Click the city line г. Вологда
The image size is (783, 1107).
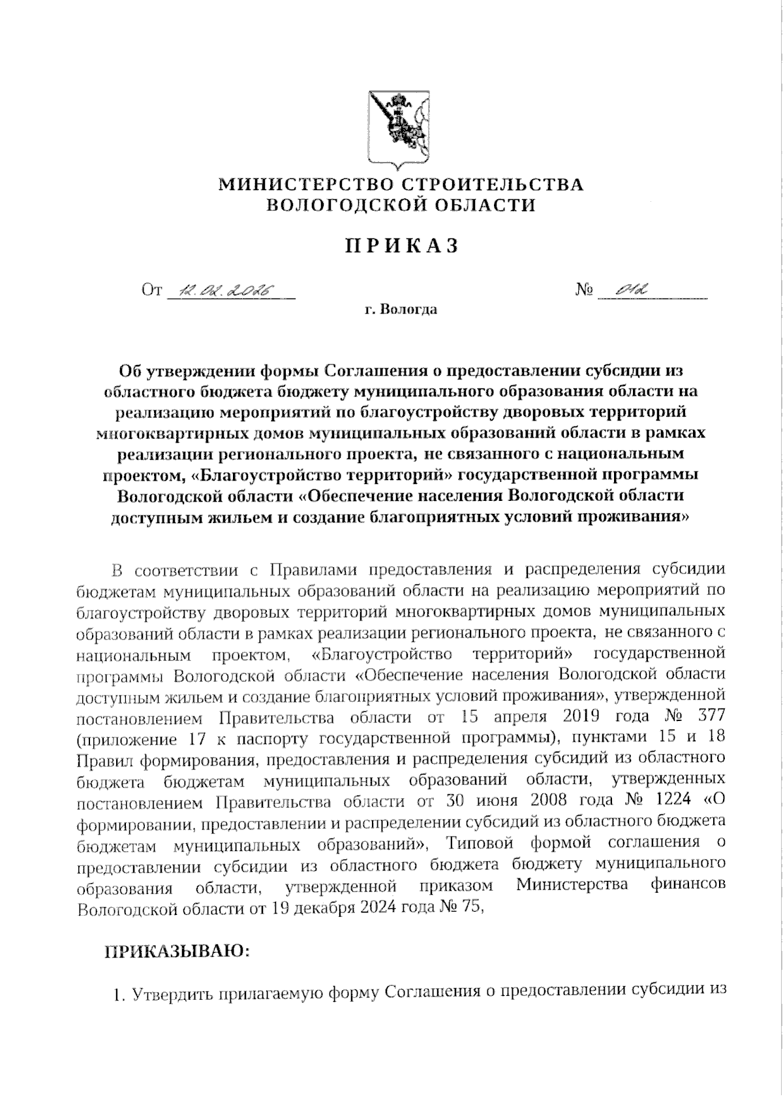401,310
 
